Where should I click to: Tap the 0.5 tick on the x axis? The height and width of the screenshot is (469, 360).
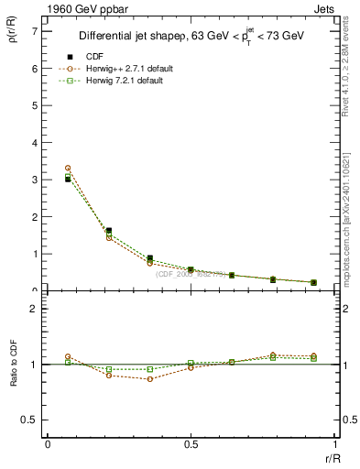tap(191, 444)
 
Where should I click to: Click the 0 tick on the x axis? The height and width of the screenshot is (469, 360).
tap(48, 444)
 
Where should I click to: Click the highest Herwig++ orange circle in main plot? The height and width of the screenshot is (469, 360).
tap(68, 169)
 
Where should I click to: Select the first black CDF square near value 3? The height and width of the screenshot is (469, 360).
tap(68, 180)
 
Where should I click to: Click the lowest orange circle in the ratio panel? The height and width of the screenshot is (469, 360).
tap(150, 379)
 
